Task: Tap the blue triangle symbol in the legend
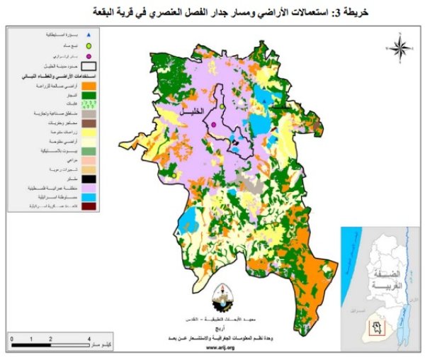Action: [89, 34]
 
